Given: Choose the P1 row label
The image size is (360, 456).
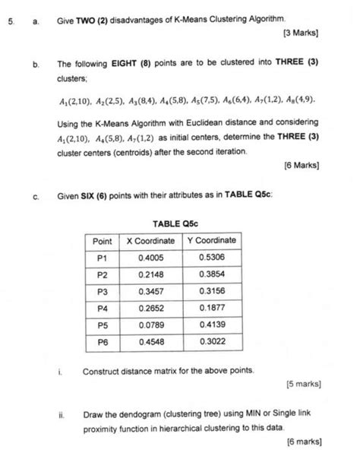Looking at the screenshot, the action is [x=103, y=258].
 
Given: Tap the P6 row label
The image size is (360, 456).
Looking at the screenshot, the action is [x=103, y=342].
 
